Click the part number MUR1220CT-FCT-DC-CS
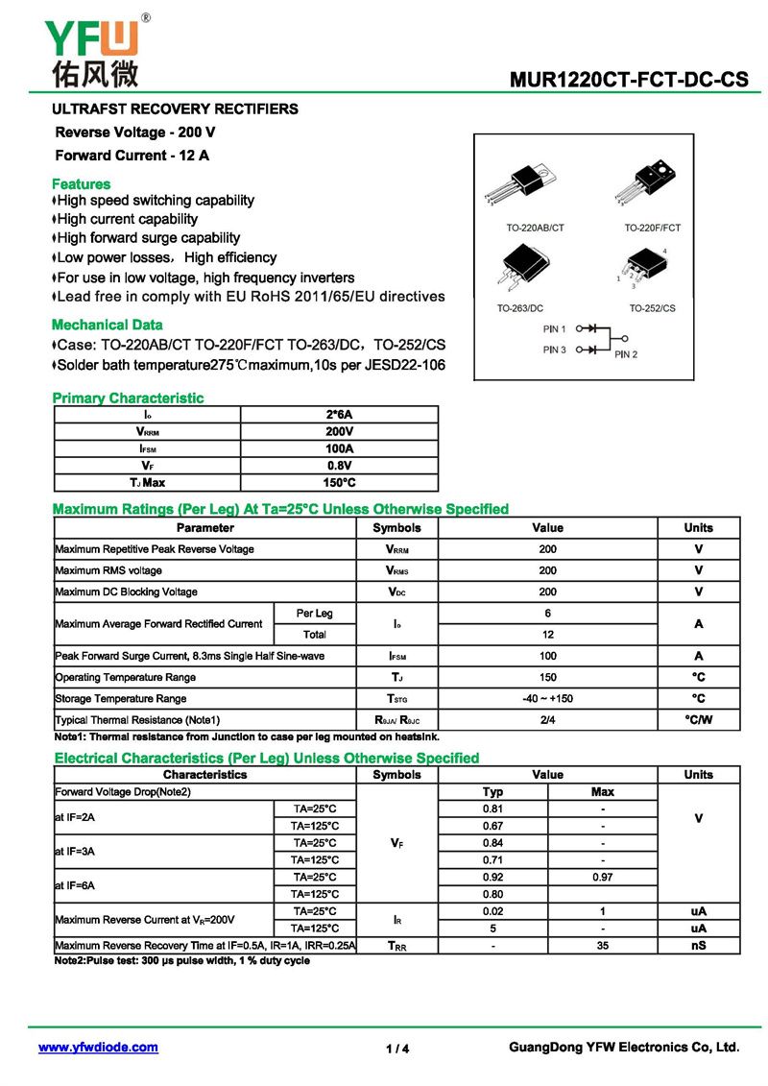pyautogui.click(x=630, y=80)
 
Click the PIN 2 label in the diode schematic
pyautogui.click(x=626, y=354)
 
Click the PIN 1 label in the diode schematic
pyautogui.click(x=554, y=328)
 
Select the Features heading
pyautogui.click(x=81, y=183)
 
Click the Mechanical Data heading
pyautogui.click(x=107, y=325)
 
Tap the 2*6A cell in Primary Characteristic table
pyautogui.click(x=340, y=415)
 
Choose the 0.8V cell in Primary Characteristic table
pyautogui.click(x=340, y=466)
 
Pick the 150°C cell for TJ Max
pyautogui.click(x=340, y=483)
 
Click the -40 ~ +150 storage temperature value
pyautogui.click(x=547, y=699)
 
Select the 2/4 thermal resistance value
pyautogui.click(x=547, y=720)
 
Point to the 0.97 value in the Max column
pyautogui.click(x=602, y=878)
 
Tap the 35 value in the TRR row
pyautogui.click(x=602, y=946)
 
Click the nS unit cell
pyautogui.click(x=698, y=946)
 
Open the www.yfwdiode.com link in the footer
pyautogui.click(x=98, y=1048)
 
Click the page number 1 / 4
pyautogui.click(x=397, y=1049)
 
